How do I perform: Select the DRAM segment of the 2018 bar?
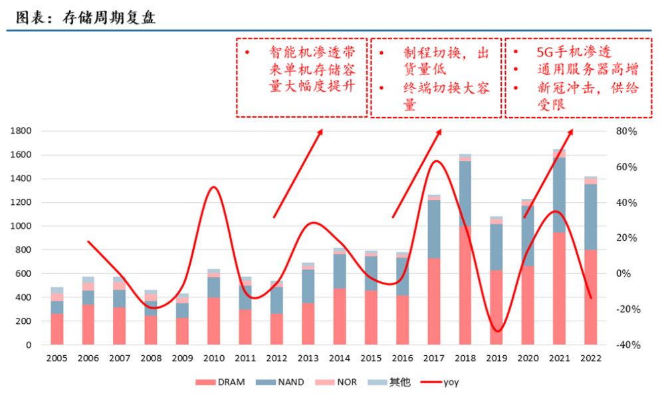(465, 286)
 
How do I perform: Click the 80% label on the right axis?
(627, 132)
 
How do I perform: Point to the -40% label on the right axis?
(625, 345)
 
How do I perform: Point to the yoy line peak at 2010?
(213, 187)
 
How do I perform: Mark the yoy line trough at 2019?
(496, 331)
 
